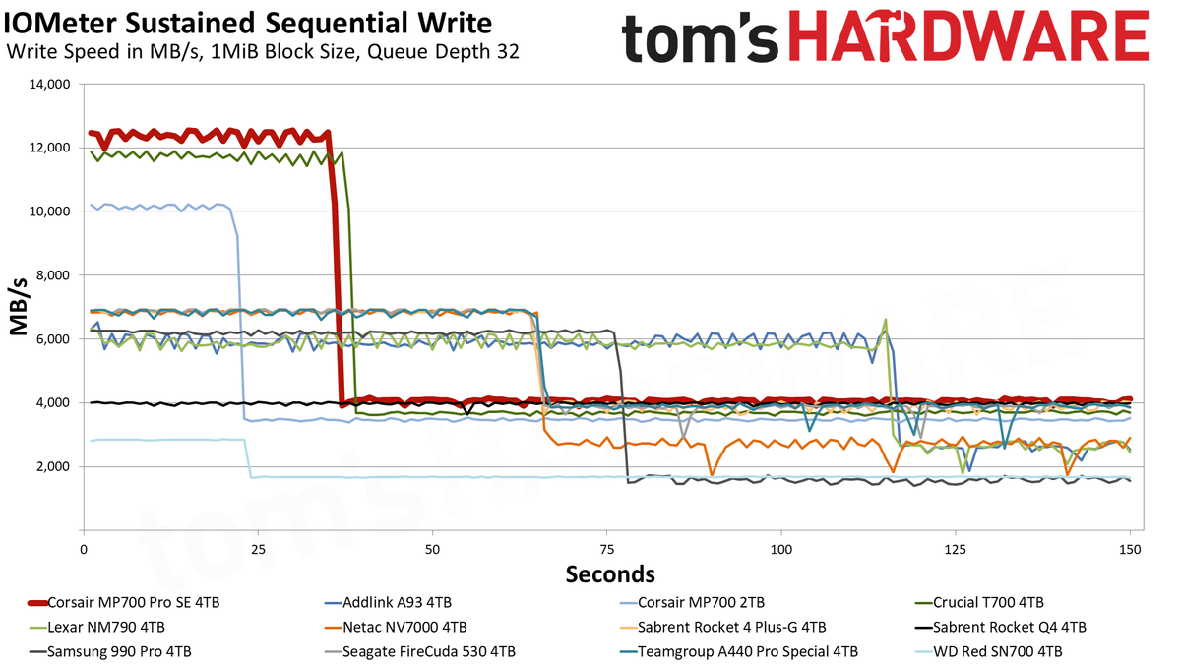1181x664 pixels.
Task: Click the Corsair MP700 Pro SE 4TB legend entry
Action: pos(124,602)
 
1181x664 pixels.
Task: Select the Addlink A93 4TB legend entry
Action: pos(388,602)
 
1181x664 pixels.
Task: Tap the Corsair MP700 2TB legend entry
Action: pos(692,602)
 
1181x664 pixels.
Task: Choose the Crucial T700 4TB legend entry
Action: pos(979,602)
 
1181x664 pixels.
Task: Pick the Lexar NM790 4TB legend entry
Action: pos(96,628)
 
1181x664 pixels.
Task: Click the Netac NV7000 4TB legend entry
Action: pos(396,628)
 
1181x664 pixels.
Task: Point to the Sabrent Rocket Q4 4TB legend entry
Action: pos(1000,628)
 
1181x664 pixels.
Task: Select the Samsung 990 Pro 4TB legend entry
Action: pos(109,652)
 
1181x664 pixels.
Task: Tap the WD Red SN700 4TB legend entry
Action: pos(988,652)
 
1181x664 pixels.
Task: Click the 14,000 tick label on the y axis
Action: pos(49,85)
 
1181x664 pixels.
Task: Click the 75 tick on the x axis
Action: pos(607,550)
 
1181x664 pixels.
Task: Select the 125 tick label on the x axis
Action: pos(956,550)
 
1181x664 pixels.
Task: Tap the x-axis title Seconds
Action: pos(610,573)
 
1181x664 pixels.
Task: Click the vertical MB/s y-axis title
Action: pos(19,307)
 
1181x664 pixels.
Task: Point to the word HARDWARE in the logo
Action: pos(968,35)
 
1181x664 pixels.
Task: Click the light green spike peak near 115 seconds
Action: pos(885,320)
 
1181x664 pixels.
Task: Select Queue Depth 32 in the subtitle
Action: pos(443,51)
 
